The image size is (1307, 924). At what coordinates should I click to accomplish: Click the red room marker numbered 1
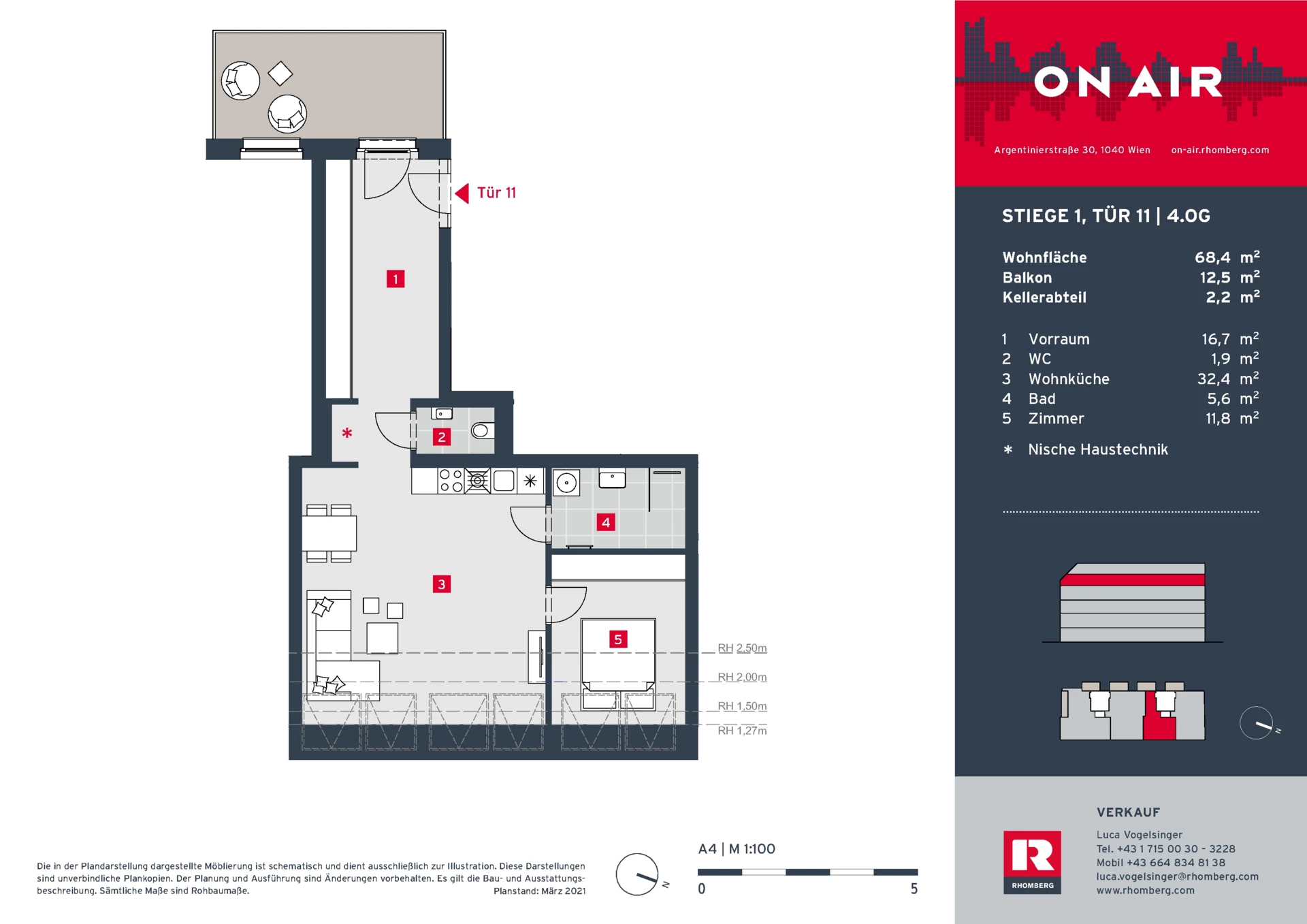[396, 278]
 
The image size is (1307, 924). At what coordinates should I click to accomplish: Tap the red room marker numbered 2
[442, 436]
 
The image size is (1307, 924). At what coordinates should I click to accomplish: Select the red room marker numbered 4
[606, 522]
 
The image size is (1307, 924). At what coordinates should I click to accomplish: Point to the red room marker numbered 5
[618, 639]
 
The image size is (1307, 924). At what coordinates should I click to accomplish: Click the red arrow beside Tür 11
[462, 193]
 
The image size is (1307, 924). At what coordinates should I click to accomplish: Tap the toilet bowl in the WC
[482, 430]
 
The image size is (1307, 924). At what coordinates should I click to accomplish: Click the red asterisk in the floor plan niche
[347, 432]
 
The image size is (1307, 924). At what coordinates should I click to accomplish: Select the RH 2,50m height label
[742, 648]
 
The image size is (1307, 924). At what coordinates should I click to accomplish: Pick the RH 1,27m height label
[742, 731]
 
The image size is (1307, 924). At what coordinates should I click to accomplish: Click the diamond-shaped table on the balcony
[280, 74]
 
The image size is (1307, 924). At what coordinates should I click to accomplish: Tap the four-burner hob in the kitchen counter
[451, 481]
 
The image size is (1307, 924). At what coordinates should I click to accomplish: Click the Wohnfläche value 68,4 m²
[1227, 257]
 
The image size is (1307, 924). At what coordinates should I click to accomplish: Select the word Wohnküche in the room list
[1069, 379]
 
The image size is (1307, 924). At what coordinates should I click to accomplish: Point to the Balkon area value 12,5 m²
[1229, 277]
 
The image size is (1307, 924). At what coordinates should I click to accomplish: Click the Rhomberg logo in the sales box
[1032, 862]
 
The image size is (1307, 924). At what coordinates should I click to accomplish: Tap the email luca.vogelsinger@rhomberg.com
[1177, 877]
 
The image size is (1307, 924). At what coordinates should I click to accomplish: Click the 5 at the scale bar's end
[914, 889]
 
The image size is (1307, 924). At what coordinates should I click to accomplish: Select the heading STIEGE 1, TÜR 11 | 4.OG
[1106, 217]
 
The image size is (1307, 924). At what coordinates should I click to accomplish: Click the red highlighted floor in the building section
[1132, 580]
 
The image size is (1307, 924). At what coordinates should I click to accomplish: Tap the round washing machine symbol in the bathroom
[566, 483]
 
